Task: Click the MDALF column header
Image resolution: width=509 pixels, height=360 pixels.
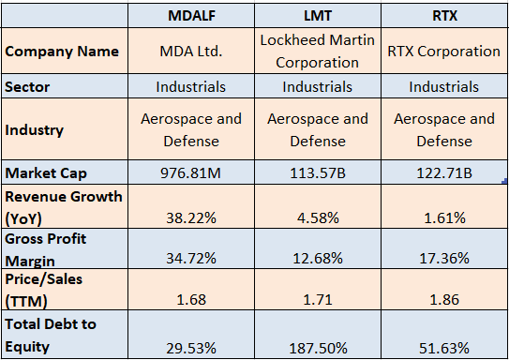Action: click(x=191, y=16)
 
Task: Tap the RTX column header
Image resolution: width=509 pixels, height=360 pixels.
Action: click(x=443, y=16)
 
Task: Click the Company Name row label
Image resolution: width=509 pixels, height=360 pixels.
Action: click(x=63, y=52)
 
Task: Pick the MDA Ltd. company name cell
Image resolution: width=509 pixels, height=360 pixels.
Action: click(x=191, y=52)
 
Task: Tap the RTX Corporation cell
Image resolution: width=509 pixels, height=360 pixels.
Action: click(x=443, y=52)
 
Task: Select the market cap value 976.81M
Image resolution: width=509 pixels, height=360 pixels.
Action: click(x=191, y=173)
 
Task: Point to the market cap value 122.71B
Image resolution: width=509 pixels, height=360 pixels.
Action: click(x=443, y=173)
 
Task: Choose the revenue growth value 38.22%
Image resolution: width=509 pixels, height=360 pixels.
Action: click(x=191, y=217)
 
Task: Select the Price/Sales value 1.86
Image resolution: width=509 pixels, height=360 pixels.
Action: click(x=443, y=299)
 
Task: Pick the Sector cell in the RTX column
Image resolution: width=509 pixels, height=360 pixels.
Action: click(x=443, y=86)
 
